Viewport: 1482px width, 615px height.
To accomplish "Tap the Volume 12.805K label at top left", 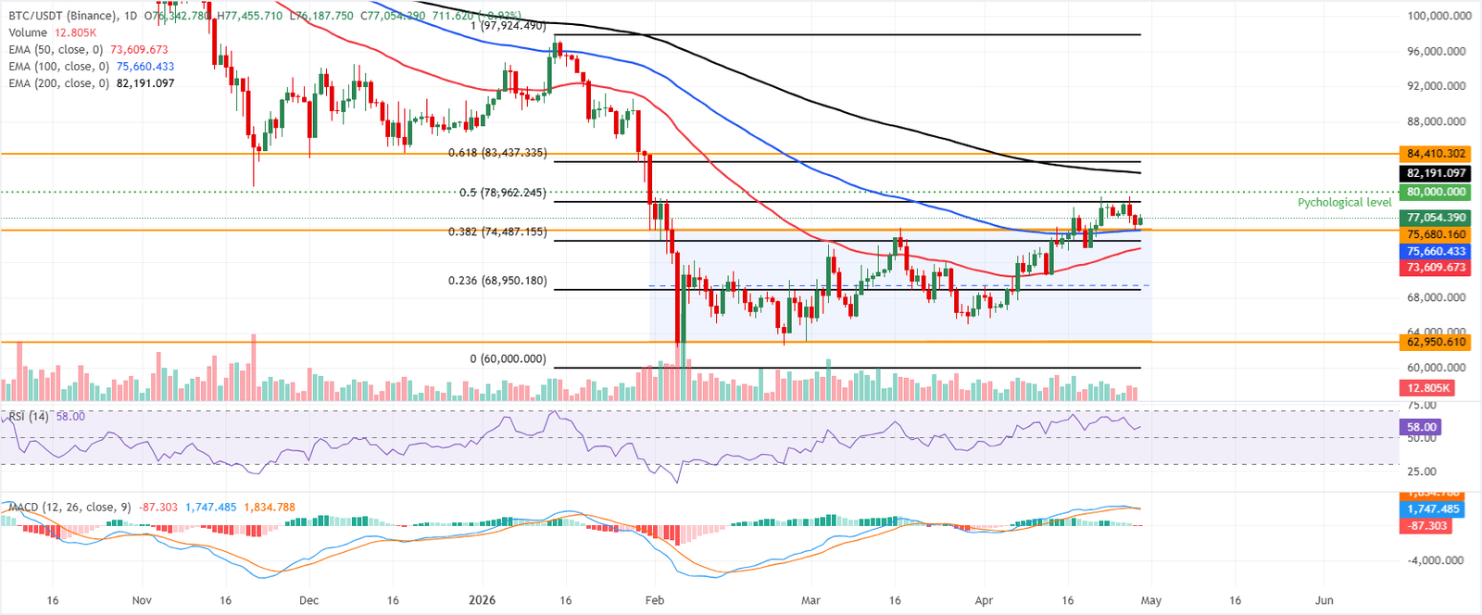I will point(52,33).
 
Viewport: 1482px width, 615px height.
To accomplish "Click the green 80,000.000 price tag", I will point(1435,193).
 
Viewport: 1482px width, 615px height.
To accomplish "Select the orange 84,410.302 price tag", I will point(1435,154).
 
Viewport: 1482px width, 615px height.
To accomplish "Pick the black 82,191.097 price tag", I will point(1435,173).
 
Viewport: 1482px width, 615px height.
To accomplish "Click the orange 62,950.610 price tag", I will point(1435,342).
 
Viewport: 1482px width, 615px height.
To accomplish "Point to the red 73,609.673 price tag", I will point(1435,268).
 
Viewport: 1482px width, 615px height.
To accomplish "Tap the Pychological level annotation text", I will point(1344,203).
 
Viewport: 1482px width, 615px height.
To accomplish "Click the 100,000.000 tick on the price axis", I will point(1438,16).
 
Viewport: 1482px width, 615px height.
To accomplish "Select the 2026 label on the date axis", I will point(482,600).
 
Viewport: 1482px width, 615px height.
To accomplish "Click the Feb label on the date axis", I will point(654,600).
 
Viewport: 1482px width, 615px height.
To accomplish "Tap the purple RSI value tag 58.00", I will point(1421,427).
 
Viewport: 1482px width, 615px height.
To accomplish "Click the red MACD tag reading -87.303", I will point(1427,526).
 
